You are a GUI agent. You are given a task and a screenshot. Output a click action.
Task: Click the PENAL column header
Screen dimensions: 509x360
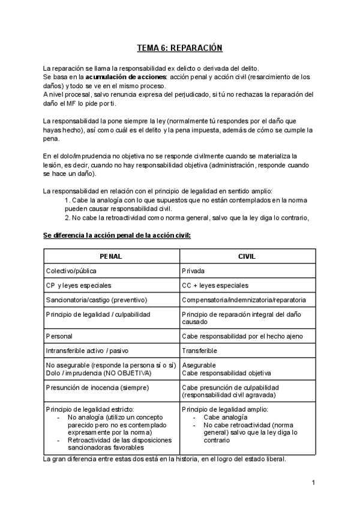pos(111,256)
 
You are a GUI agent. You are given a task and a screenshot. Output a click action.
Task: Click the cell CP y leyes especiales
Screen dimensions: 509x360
pos(78,285)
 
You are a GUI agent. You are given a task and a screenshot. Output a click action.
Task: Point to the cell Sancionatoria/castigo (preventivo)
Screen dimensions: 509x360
pos(97,300)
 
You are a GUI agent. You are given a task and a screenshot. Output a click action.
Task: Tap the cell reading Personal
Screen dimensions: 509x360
pos(59,336)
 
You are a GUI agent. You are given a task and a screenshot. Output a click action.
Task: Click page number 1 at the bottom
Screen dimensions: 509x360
pos(313,483)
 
